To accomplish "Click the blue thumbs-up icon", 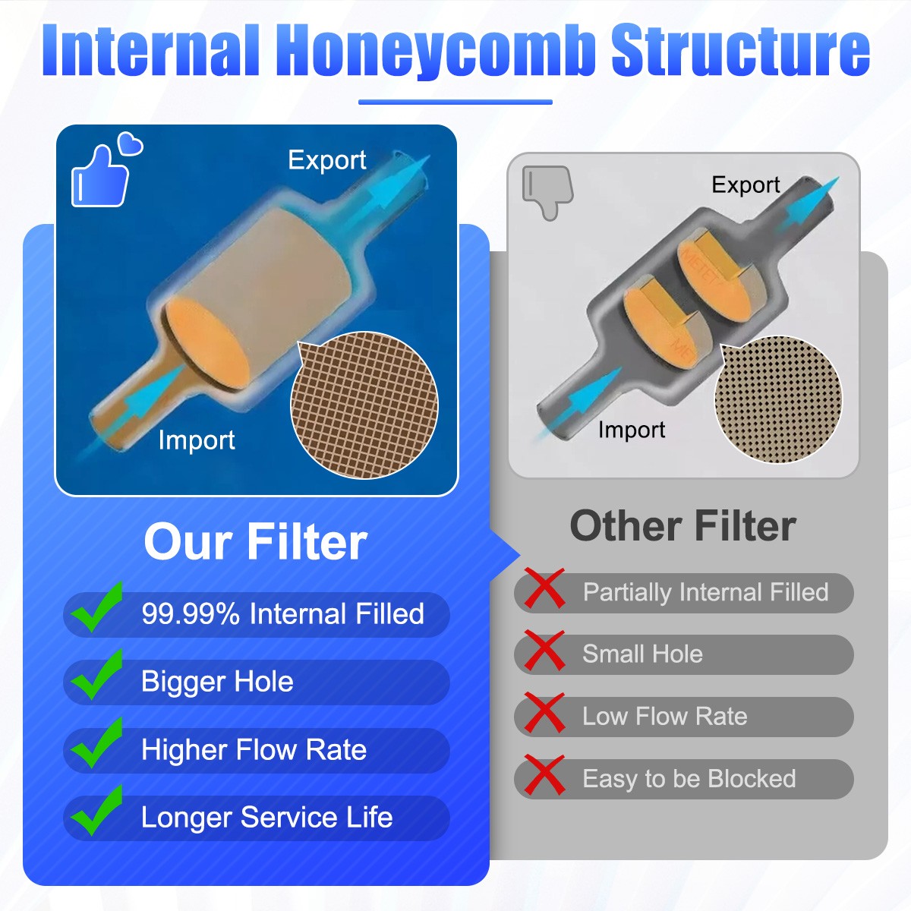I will pos(100,176).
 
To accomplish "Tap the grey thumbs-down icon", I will pos(547,190).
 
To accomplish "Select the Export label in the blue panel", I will pos(327,160).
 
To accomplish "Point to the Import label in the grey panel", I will pos(631,430).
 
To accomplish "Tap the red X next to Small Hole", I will pos(544,651).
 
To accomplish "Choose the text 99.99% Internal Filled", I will pos(282,614).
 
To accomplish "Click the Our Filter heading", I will pos(255,542).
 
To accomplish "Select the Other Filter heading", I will pos(682,526).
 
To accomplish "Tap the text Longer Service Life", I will pos(266,818).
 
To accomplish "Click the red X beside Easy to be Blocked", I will pos(544,775).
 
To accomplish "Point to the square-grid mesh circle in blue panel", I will pos(364,405).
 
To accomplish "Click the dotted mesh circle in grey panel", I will pos(778,399).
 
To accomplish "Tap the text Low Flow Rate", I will pos(664,717).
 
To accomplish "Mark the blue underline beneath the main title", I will pos(455,102).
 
